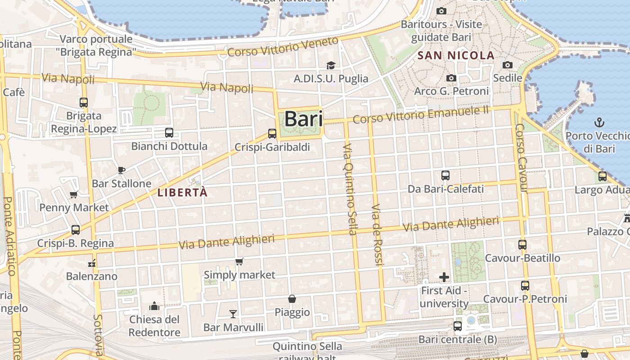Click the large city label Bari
point(304,119)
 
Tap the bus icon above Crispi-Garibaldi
point(272,134)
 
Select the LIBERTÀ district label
point(183,193)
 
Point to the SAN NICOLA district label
point(456,56)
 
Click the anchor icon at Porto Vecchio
point(599,122)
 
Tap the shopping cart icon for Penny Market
point(74,194)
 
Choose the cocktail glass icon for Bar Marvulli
point(233,314)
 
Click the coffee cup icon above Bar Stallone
point(121,170)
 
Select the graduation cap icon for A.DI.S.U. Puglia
point(331,66)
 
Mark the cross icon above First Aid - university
point(444,277)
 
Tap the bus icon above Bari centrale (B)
point(458,326)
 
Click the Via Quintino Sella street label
point(350,189)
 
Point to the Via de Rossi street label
point(377,234)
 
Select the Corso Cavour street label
point(521,157)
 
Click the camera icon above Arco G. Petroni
point(451,78)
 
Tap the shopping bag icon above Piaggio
point(292,299)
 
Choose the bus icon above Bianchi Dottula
point(169,133)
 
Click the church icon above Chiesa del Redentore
point(154,306)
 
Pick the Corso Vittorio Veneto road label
point(283,47)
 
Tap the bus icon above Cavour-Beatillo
point(522,245)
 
